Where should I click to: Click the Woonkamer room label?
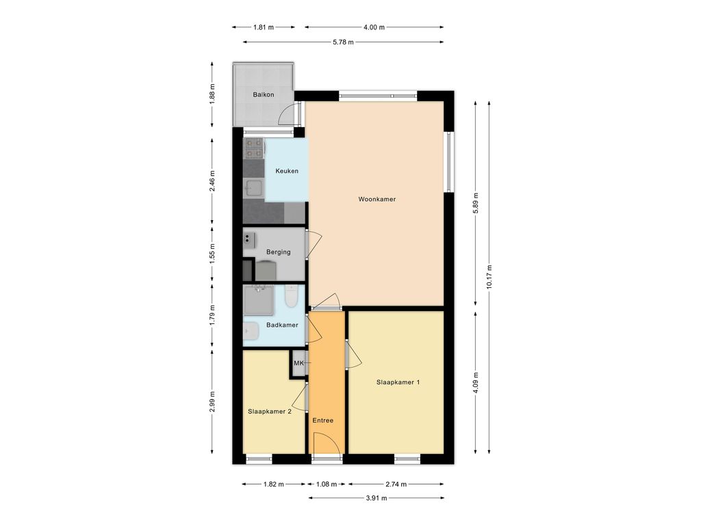(377, 199)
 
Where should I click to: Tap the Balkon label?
(264, 94)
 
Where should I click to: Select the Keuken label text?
(287, 171)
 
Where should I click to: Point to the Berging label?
(278, 252)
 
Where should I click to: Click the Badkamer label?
(282, 325)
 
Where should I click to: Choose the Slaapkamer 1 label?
(398, 382)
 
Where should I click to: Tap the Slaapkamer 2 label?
(270, 412)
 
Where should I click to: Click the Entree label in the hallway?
(323, 420)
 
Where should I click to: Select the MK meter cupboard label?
(298, 363)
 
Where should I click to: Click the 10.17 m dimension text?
(489, 277)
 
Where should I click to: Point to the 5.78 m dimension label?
(344, 42)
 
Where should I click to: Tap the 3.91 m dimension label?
(377, 498)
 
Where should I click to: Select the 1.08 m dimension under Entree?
(327, 485)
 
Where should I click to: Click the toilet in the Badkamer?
(291, 296)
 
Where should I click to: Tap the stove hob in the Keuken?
(254, 148)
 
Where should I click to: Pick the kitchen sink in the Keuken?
(253, 189)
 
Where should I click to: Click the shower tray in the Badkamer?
(258, 301)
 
